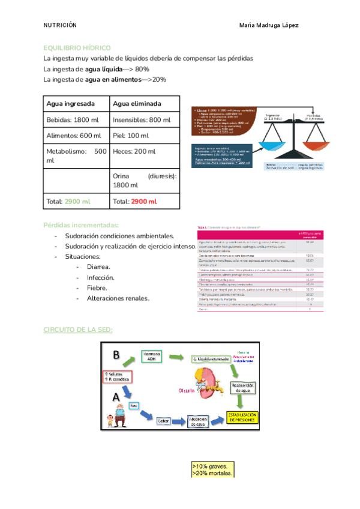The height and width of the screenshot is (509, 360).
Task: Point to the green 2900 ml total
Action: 77,201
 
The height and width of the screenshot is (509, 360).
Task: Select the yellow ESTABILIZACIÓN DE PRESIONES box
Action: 242,418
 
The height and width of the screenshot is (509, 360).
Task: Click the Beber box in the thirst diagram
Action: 164,421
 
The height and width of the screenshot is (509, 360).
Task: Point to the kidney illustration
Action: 206,382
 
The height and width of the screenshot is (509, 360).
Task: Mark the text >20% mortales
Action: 212,473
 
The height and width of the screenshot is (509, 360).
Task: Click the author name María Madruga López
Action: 269,26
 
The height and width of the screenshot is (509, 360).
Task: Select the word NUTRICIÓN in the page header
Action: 60,26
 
